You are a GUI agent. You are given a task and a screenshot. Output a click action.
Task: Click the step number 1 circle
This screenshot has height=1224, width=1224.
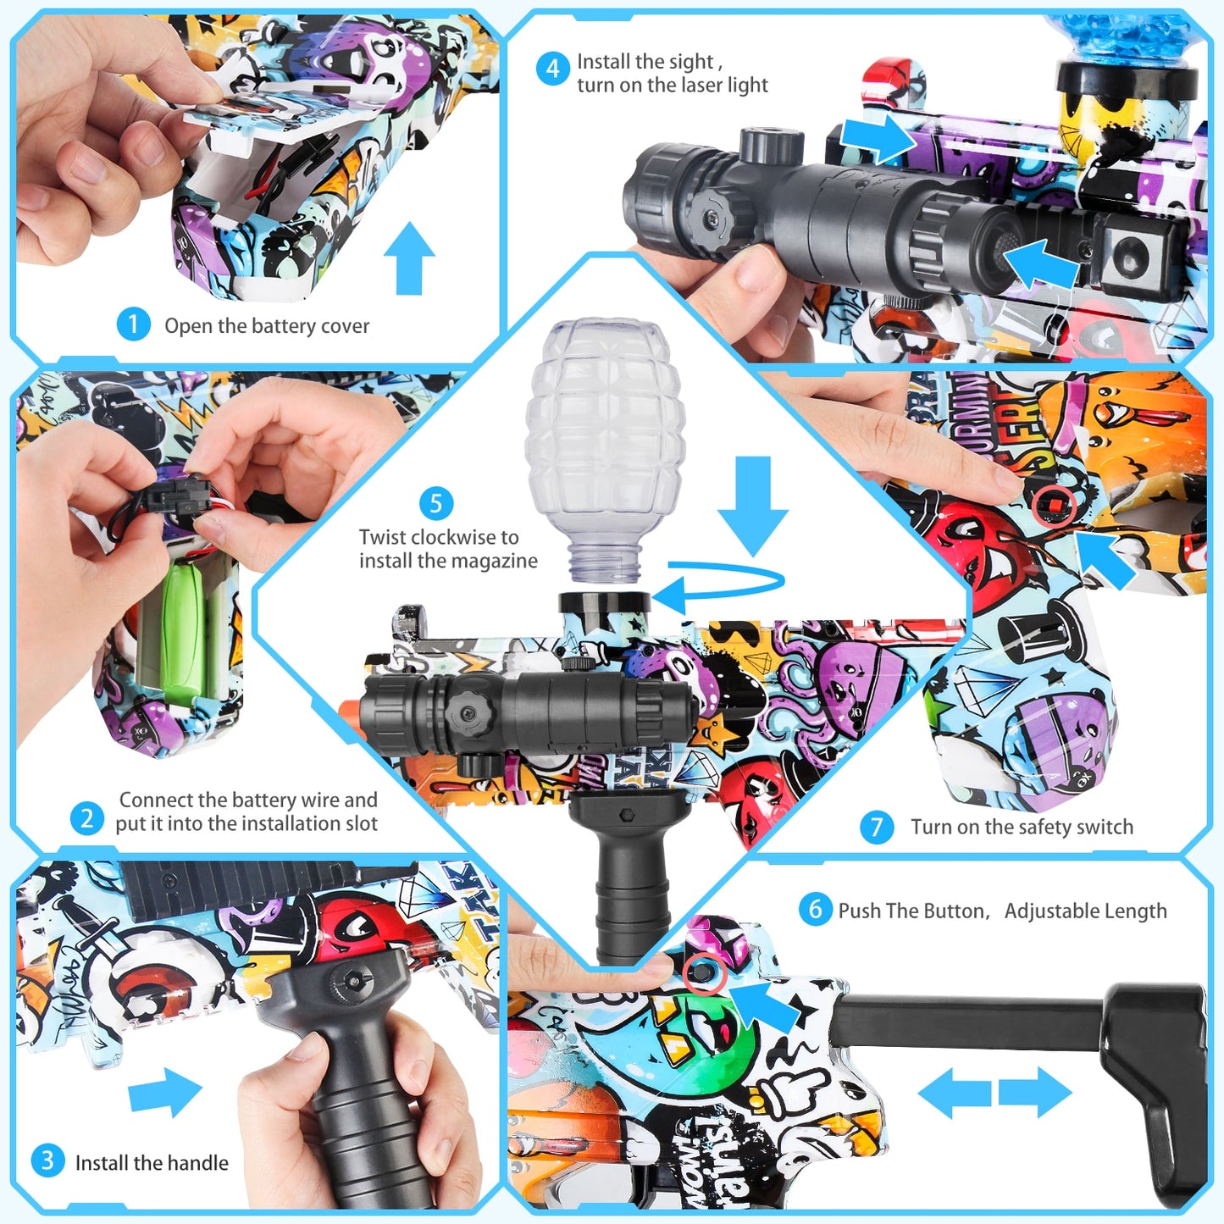coord(133,324)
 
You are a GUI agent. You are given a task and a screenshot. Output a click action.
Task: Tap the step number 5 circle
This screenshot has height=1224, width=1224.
coord(436,503)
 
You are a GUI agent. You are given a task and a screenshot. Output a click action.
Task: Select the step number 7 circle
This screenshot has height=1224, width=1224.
coord(877,827)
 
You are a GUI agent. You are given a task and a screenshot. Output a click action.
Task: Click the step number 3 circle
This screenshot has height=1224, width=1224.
coord(47,1160)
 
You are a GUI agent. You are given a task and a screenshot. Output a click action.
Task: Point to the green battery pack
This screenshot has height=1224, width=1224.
coord(184,631)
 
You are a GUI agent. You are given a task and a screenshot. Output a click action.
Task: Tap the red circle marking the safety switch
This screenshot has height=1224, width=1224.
coord(1055,506)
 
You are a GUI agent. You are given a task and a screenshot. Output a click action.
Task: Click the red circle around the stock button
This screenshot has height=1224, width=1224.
coord(705,972)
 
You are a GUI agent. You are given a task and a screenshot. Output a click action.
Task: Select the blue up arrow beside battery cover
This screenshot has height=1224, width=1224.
coord(409,258)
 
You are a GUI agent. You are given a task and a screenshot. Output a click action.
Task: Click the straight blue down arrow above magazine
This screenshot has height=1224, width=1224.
coord(753,504)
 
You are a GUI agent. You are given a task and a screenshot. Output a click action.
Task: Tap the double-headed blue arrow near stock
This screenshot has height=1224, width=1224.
coord(995,1093)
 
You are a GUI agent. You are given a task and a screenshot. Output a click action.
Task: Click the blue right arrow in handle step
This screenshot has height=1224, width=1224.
coord(166,1092)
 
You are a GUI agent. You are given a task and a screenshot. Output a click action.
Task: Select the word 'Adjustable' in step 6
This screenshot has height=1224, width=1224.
coord(1046,911)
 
